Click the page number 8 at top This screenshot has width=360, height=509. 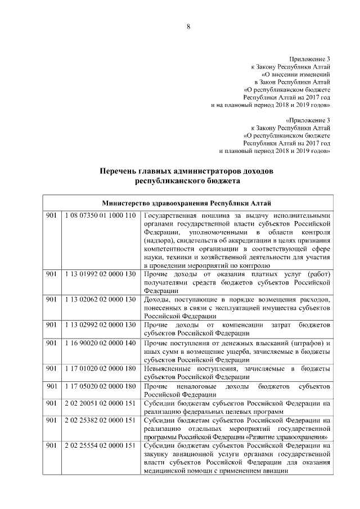188,27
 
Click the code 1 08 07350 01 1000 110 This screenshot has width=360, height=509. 100,216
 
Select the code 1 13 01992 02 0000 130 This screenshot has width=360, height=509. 100,274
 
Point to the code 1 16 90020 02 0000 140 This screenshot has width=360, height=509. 100,343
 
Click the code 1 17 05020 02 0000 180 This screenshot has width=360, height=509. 100,387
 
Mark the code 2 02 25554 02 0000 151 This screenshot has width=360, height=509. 100,445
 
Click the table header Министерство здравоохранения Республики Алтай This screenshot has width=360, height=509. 188,203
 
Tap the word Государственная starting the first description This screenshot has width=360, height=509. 174,216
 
